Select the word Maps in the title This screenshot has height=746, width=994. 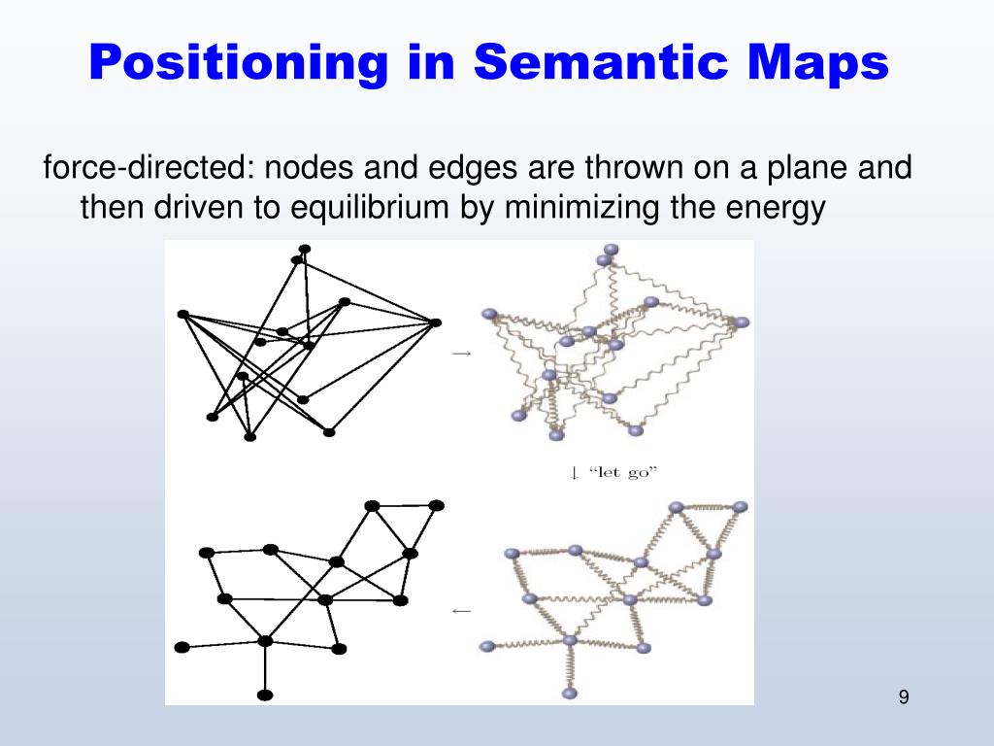coord(817,63)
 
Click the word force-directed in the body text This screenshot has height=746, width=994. coord(146,168)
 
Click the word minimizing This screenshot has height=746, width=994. coord(581,207)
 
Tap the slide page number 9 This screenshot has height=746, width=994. coord(904,696)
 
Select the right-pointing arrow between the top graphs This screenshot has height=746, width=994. coord(462,354)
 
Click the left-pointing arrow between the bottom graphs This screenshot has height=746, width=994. coord(462,611)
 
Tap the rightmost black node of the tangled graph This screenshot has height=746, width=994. coord(436,322)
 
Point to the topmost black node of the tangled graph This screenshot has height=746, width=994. coord(305,249)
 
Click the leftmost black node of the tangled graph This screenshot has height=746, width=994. coord(182,314)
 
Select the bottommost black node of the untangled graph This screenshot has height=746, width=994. coord(265,695)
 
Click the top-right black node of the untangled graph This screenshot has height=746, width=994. coord(437,505)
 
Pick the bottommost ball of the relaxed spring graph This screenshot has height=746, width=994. coord(570,693)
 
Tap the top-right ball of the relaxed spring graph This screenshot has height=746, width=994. coord(741,507)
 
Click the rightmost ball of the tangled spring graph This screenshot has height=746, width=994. coord(743,322)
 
